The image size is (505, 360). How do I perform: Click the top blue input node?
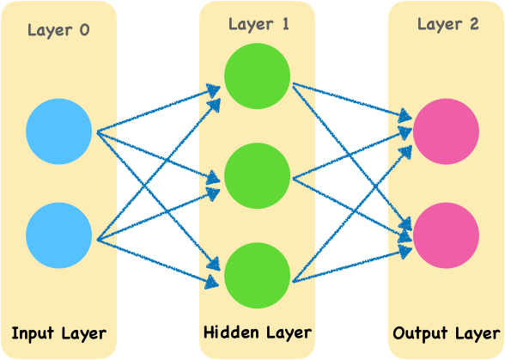click(x=58, y=131)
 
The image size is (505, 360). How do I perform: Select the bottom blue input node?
click(x=58, y=235)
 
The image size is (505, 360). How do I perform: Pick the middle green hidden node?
click(x=257, y=176)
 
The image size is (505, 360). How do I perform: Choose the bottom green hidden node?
click(x=257, y=276)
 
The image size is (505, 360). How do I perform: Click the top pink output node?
click(x=446, y=131)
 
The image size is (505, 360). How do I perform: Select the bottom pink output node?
click(x=446, y=235)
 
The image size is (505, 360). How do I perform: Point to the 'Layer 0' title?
click(x=58, y=31)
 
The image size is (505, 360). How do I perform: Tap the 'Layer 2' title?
click(x=447, y=24)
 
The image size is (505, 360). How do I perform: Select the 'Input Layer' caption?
click(x=58, y=333)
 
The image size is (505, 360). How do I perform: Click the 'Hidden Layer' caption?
click(x=257, y=332)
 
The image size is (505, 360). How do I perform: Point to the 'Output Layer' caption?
click(x=447, y=333)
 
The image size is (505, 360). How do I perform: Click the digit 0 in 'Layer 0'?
click(x=83, y=31)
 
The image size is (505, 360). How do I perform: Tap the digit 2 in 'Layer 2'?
click(x=473, y=24)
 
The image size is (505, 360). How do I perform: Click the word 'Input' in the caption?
click(x=34, y=333)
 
